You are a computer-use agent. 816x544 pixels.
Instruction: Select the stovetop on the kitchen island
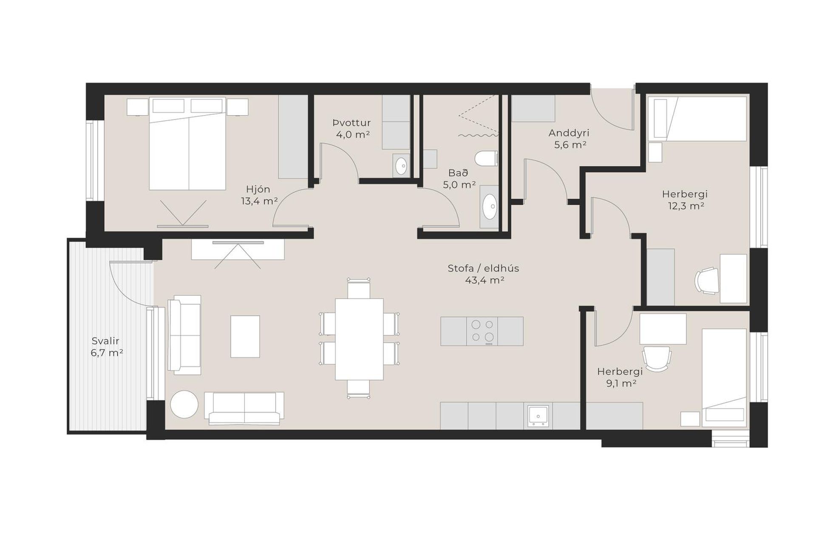point(482,331)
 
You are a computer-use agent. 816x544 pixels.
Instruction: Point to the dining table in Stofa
point(359,339)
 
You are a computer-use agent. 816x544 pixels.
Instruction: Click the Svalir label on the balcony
point(105,341)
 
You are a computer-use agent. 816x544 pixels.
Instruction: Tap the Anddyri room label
point(569,133)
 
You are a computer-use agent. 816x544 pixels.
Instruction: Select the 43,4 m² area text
point(484,280)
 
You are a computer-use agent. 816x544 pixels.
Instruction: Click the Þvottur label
point(351,123)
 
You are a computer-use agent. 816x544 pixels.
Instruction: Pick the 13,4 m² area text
point(259,201)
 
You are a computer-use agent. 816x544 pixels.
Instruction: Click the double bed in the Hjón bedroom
point(187,144)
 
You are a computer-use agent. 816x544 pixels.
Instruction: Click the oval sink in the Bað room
point(490,207)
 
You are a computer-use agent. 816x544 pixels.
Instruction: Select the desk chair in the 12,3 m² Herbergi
point(707,280)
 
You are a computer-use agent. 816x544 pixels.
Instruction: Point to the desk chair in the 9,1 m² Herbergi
point(657,358)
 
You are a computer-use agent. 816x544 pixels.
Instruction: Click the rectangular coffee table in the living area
point(245,336)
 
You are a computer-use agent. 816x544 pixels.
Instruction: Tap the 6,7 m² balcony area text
point(107,353)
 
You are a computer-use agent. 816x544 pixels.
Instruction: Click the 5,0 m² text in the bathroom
point(459,185)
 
